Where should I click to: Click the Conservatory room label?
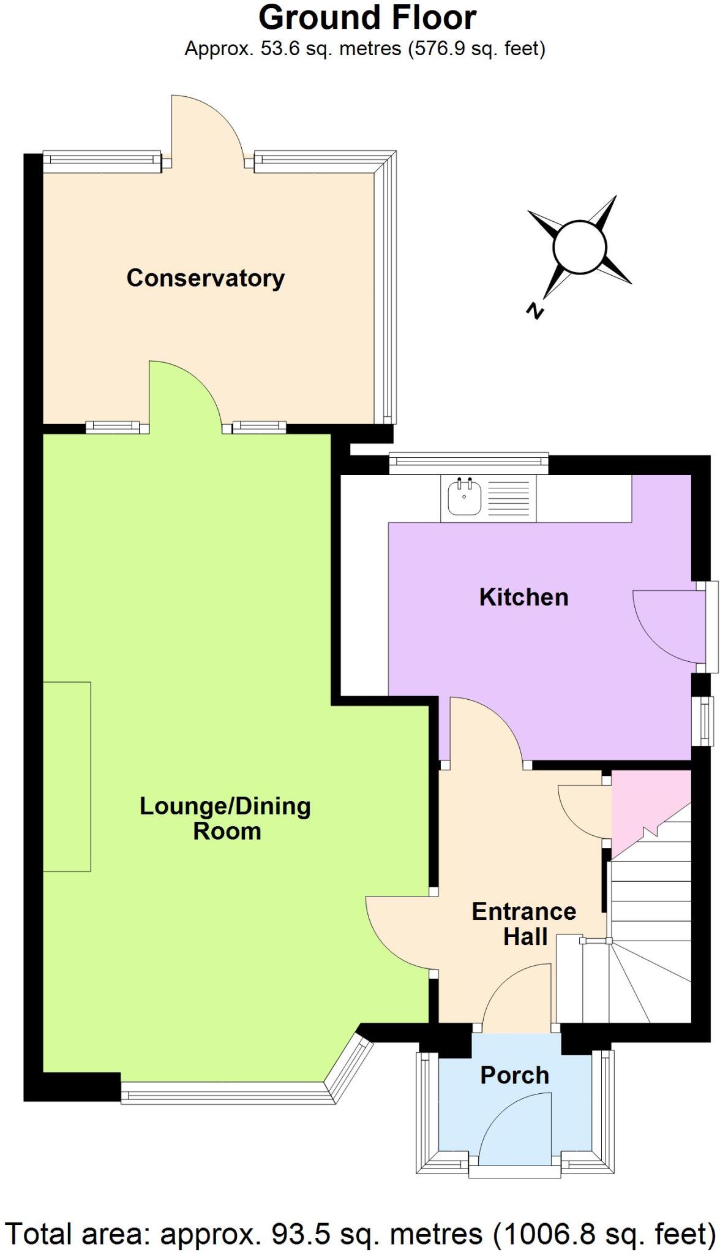[206, 278]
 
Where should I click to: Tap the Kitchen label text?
[523, 597]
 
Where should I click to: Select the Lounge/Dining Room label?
[225, 819]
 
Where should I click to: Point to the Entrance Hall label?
[524, 924]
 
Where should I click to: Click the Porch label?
[514, 1075]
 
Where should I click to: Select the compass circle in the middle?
[579, 247]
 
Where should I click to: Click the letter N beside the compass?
[535, 311]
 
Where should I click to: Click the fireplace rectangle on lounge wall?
[67, 776]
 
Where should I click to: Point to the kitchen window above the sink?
[468, 464]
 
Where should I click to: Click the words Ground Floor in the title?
[367, 18]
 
